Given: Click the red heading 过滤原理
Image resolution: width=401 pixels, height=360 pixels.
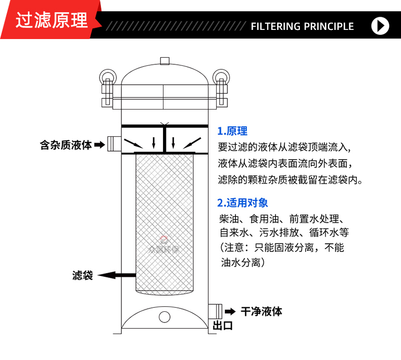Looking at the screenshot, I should tap(51, 20).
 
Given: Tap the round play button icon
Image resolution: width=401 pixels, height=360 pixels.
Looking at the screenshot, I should tap(380, 26).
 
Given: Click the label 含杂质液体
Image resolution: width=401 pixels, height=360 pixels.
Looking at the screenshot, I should tap(65, 145).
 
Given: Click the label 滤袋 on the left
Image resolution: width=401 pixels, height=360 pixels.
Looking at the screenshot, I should tap(83, 276).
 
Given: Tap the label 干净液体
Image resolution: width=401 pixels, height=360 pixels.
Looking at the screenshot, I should tap(261, 311).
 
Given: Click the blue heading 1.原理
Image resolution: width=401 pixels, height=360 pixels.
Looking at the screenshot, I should tap(232, 131).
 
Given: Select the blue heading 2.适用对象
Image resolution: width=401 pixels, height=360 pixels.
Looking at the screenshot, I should tap(242, 203).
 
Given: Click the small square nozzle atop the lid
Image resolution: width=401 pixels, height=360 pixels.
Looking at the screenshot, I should tap(164, 60).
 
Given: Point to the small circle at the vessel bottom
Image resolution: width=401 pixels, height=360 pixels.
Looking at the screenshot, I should tap(164, 317).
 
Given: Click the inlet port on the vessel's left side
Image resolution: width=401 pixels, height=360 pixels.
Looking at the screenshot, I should tap(113, 143).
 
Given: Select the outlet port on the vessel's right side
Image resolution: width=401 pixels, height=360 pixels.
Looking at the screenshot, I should tap(215, 310).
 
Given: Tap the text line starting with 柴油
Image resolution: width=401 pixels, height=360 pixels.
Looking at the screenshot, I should tap(282, 220).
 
